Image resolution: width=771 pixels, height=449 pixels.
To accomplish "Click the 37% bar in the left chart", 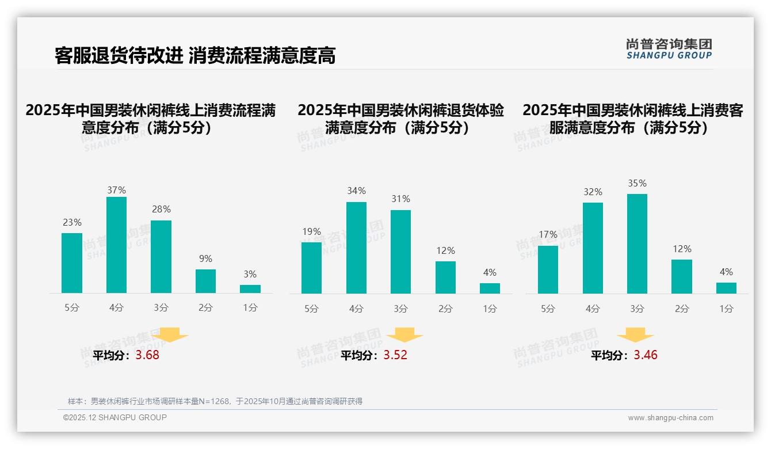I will coord(116,245).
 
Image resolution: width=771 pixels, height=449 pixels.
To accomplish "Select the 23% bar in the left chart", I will coord(72,263).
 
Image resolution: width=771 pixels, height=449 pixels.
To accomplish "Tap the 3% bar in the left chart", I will coord(250,289).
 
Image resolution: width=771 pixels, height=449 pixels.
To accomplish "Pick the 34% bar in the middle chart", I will coord(356,248).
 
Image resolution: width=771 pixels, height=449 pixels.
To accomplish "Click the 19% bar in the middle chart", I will coord(311,268).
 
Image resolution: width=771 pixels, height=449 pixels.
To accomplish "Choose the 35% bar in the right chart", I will coord(637,243).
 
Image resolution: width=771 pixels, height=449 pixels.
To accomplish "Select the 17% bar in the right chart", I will coord(548,269).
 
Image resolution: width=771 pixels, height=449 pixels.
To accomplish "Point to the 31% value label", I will coord(400,199).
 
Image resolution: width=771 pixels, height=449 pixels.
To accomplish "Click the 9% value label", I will coord(205,259).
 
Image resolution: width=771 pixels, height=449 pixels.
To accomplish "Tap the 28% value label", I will coord(161,210).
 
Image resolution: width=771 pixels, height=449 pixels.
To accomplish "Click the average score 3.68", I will coord(147,355).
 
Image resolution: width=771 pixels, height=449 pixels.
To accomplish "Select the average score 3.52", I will coord(395,355).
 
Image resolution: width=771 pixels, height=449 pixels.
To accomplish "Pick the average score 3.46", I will coord(646,355).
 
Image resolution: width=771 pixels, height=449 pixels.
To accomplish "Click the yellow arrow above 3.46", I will coord(635,335).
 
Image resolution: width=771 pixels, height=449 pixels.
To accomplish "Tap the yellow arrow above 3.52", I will coord(404,335).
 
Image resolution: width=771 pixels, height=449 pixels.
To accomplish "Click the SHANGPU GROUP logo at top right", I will coord(669,49).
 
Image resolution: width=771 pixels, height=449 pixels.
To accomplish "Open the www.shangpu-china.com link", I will coord(670,418).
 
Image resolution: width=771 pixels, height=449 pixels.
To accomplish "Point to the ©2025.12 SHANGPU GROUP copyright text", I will coord(115,417).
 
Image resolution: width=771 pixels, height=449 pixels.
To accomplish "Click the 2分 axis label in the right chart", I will coord(682,309).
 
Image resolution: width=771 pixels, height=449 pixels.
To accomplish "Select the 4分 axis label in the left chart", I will coord(116,308).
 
